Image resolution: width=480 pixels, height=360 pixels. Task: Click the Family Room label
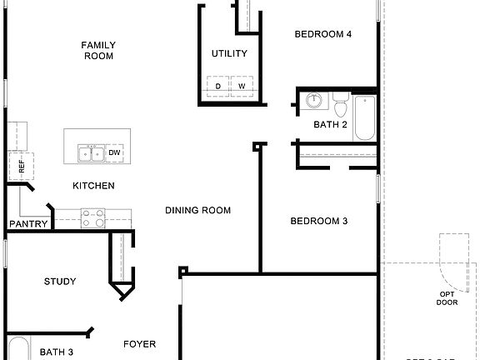98,50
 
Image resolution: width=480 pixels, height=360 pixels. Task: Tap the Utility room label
230,54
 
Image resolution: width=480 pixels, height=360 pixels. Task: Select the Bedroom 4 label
323,34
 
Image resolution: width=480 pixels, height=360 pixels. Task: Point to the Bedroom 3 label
318,221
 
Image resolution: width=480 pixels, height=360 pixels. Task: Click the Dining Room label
197,210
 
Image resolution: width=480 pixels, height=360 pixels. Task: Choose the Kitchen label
93,185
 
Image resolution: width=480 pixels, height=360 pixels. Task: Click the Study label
60,281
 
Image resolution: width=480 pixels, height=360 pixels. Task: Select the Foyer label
140,344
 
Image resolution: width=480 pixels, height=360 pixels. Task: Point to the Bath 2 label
331,124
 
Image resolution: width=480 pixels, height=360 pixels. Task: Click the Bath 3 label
57,352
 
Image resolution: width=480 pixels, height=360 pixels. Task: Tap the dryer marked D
218,86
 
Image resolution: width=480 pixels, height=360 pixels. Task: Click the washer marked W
242,86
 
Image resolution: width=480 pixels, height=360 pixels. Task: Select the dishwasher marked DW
115,153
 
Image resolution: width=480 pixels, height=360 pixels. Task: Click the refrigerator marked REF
22,166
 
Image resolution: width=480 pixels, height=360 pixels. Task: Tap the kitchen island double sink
91,153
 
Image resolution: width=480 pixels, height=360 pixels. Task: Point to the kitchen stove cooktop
92,218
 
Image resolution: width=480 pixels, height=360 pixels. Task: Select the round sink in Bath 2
314,102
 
